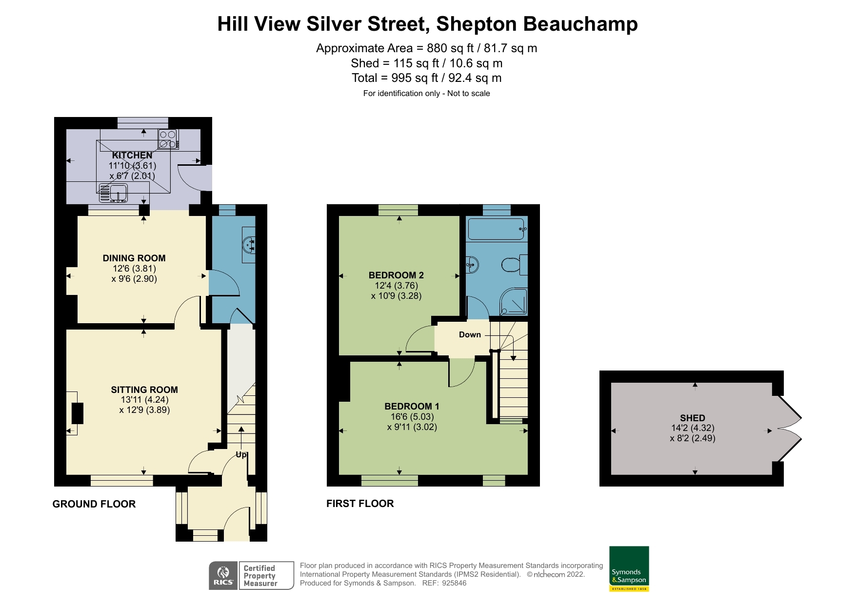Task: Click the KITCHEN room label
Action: pos(132,155)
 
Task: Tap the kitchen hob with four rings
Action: pos(168,139)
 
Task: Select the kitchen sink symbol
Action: pos(113,193)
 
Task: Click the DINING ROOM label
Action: pos(134,258)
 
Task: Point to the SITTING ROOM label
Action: pos(144,390)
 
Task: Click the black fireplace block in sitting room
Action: pos(77,413)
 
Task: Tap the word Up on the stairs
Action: pos(241,455)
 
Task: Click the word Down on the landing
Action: pos(470,334)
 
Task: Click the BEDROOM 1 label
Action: pos(412,406)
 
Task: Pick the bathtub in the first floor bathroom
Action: pos(497,229)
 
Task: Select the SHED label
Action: pos(692,418)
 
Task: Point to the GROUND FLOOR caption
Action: pos(94,504)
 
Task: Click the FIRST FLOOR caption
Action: pos(360,504)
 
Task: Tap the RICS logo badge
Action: pos(223,576)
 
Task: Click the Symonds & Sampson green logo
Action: pos(629,568)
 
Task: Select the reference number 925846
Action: pos(454,583)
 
